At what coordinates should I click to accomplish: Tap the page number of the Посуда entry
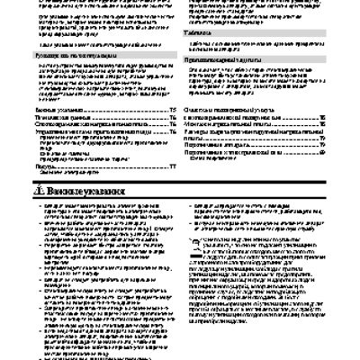pyautogui.click(x=172, y=168)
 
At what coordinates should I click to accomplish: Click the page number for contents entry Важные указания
pyautogui.click(x=172, y=109)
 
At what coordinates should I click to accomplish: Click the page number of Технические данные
pyautogui.click(x=172, y=117)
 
